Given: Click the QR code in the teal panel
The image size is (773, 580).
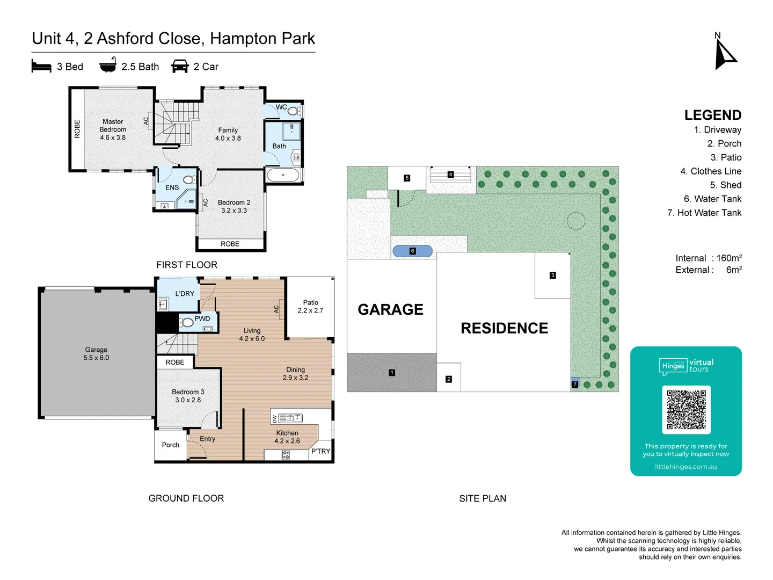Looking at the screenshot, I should (x=686, y=409).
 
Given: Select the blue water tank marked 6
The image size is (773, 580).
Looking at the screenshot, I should (x=412, y=251).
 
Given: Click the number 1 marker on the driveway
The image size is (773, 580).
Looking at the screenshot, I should (x=392, y=373).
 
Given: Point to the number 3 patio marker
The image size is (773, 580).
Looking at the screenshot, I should (x=552, y=275).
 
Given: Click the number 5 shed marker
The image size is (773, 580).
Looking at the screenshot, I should (x=407, y=178).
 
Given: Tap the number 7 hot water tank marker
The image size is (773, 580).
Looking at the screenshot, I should (x=575, y=385).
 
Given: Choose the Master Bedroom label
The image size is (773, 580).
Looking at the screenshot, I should (x=113, y=129).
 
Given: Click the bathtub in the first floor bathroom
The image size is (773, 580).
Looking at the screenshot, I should (x=283, y=175).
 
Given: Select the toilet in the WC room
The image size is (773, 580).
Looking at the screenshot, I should (x=293, y=111).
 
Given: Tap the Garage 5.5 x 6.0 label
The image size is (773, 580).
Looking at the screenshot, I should (x=96, y=354).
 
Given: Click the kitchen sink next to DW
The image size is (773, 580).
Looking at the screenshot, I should (x=290, y=418).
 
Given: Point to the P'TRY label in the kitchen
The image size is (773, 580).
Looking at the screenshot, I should (x=320, y=451).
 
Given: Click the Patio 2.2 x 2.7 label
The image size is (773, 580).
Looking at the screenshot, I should (x=310, y=307).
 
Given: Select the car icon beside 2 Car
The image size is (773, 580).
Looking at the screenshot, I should (x=180, y=67).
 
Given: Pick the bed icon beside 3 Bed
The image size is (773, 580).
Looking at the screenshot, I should (x=41, y=67).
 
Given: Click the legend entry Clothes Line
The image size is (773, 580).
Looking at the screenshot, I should (x=711, y=171).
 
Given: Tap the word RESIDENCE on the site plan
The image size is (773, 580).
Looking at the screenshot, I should (x=504, y=328).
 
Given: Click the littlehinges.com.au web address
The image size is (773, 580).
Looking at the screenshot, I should (x=686, y=467).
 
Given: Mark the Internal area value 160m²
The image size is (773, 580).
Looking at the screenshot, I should (x=729, y=258).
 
